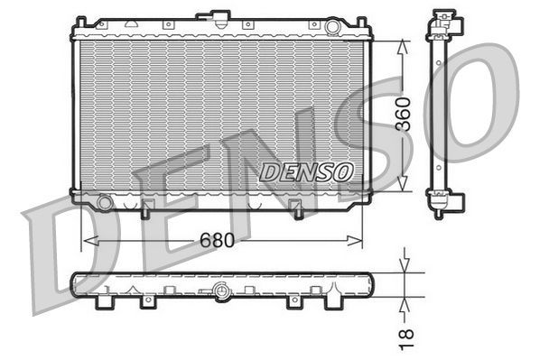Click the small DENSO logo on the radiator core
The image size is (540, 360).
(306, 171)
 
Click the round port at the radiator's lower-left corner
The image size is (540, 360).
(105, 203)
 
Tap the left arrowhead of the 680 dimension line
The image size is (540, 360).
(88, 241)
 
